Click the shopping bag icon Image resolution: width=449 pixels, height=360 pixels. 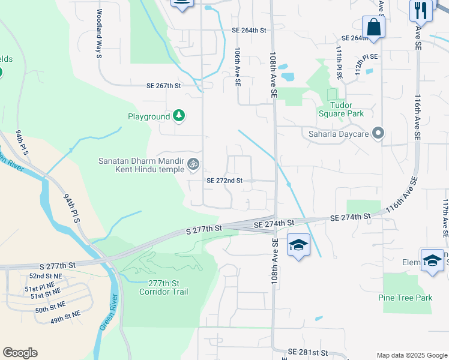(x=373, y=28)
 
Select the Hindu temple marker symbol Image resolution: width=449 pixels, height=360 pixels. (x=193, y=163)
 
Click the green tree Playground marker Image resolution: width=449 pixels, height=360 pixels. (x=178, y=115)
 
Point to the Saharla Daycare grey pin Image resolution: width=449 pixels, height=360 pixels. (x=378, y=133)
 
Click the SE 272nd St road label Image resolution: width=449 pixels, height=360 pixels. (x=224, y=180)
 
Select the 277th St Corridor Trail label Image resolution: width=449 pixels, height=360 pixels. (x=163, y=287)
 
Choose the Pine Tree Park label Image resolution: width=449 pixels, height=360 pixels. (x=406, y=298)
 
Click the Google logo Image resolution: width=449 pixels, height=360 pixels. (x=20, y=353)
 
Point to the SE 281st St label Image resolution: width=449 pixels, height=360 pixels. (x=308, y=352)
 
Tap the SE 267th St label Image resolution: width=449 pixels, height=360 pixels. (x=163, y=86)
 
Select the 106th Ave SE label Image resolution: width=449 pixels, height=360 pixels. (x=238, y=68)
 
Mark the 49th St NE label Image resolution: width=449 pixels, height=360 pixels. (x=65, y=320)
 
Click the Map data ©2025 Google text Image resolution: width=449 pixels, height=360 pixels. (x=411, y=355)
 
